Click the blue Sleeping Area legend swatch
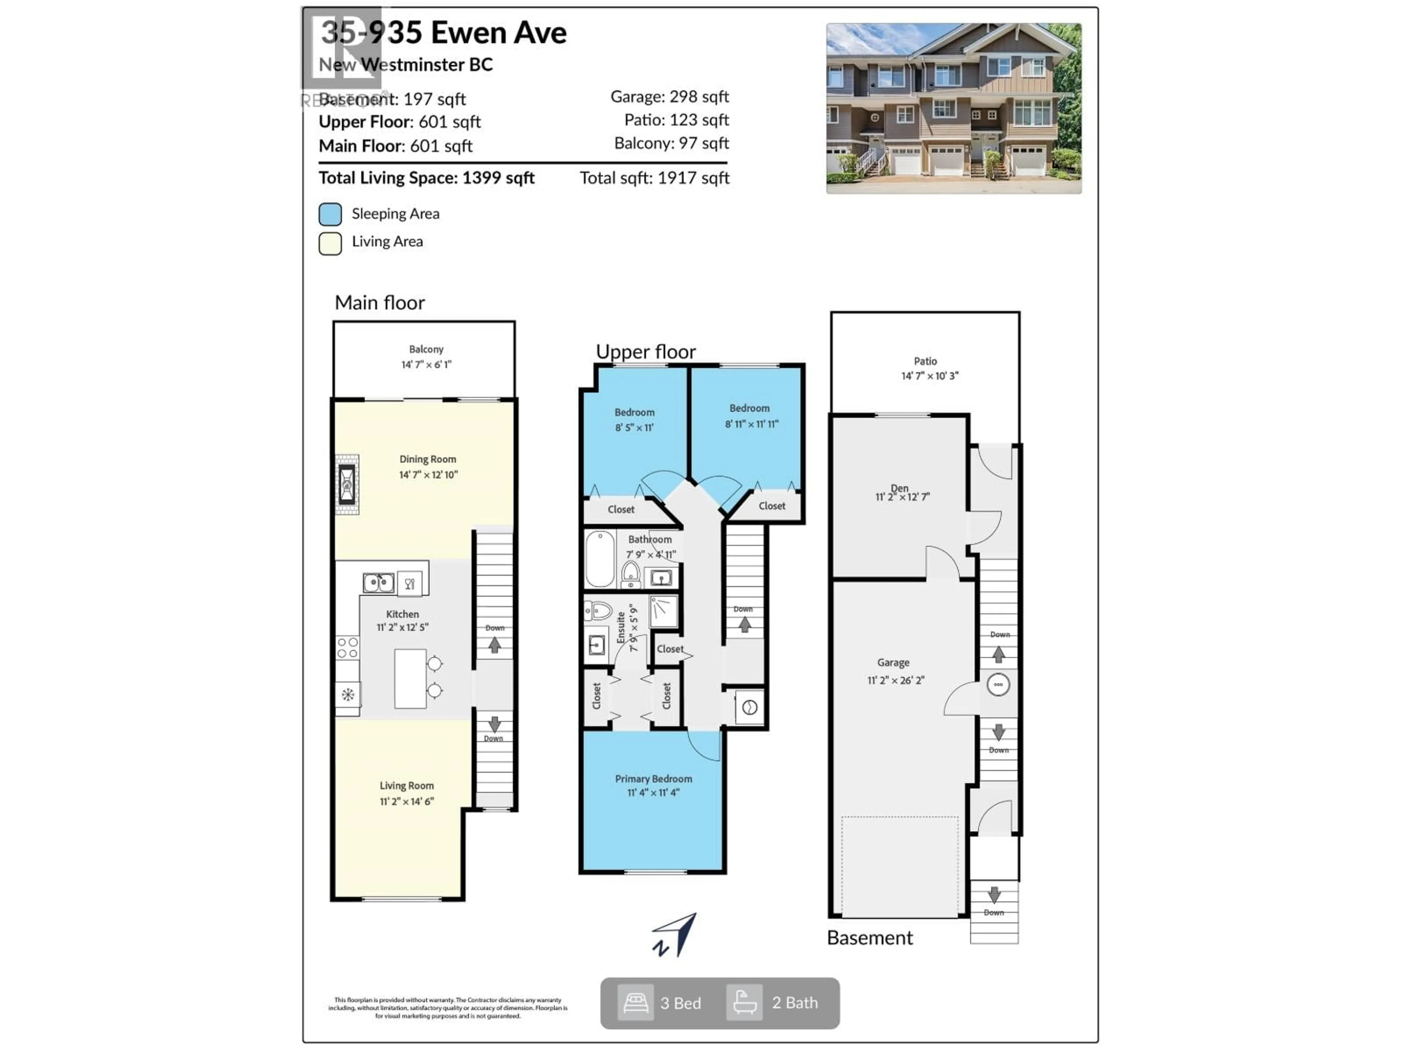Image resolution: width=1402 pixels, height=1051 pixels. click(330, 214)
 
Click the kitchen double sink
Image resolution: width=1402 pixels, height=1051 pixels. click(378, 582)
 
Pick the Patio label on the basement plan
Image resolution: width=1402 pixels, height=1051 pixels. click(925, 361)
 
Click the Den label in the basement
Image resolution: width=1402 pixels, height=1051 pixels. click(899, 488)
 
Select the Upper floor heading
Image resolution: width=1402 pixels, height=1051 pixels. click(645, 351)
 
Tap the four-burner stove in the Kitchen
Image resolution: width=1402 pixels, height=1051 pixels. click(347, 648)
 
